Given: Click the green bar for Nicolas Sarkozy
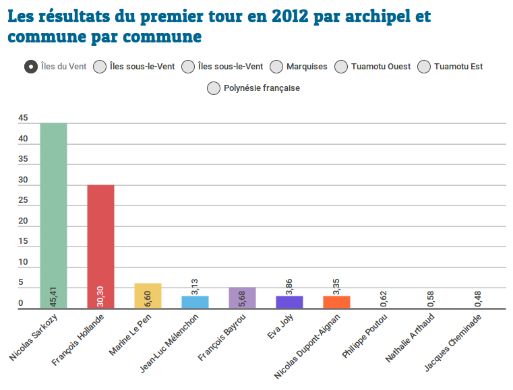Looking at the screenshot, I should click(53, 216).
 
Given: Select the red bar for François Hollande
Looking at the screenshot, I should click(100, 247).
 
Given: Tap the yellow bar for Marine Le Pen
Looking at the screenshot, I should click(148, 296).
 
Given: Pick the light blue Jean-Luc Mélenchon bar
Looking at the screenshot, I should click(195, 302).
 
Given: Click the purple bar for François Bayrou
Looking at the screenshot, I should click(242, 298).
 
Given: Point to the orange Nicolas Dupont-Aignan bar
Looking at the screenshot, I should click(336, 302).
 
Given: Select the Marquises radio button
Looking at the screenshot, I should click(276, 66).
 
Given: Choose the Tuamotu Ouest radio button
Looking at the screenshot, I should click(341, 66).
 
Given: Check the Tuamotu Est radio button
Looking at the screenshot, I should click(425, 66).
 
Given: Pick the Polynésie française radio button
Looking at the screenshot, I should click(214, 88).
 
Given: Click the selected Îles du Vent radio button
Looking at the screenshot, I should click(30, 66).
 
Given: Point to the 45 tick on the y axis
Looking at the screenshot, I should click(24, 119).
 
